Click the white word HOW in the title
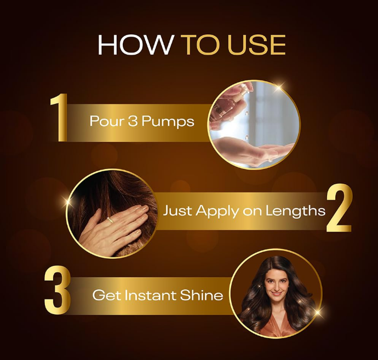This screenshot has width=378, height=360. (135, 45)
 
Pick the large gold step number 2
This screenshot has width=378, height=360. (339, 207)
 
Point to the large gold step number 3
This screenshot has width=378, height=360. (58, 290)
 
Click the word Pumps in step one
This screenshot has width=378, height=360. (168, 121)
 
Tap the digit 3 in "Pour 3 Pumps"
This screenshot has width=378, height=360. (133, 121)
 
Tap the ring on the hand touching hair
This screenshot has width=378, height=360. (110, 220)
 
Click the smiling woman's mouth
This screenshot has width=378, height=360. (276, 294)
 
